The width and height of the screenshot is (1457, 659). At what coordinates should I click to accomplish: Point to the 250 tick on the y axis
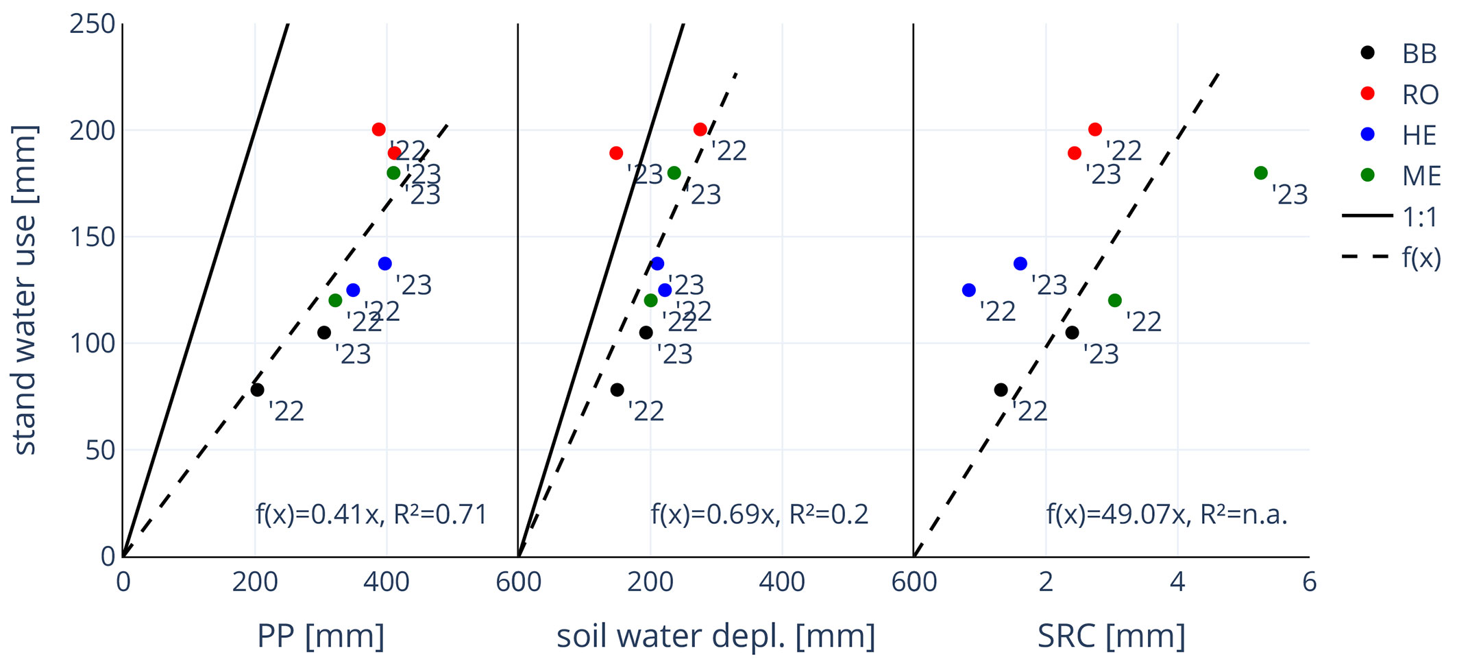92,24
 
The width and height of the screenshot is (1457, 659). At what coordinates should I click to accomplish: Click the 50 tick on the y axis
100,451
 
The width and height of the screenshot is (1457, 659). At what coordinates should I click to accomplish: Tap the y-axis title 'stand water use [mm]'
25,289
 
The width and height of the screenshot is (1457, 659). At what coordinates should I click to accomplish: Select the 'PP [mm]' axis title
320,636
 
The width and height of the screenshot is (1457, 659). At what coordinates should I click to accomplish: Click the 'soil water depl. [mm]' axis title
715,636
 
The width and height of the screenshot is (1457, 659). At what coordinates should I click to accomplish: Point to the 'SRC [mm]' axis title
1111,636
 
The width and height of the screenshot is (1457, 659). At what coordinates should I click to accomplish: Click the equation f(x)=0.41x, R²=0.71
371,514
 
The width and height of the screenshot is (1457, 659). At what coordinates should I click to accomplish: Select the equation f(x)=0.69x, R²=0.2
759,514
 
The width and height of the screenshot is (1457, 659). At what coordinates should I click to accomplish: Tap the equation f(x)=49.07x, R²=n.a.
1166,514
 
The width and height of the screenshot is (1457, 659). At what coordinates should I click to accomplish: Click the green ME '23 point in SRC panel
1260,173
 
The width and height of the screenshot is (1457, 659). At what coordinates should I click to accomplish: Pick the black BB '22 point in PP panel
257,390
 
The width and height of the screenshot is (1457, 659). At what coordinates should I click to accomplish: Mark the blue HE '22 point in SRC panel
968,290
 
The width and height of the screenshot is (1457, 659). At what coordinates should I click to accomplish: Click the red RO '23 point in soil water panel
616,153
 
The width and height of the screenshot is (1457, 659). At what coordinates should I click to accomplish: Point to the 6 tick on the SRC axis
1309,582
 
